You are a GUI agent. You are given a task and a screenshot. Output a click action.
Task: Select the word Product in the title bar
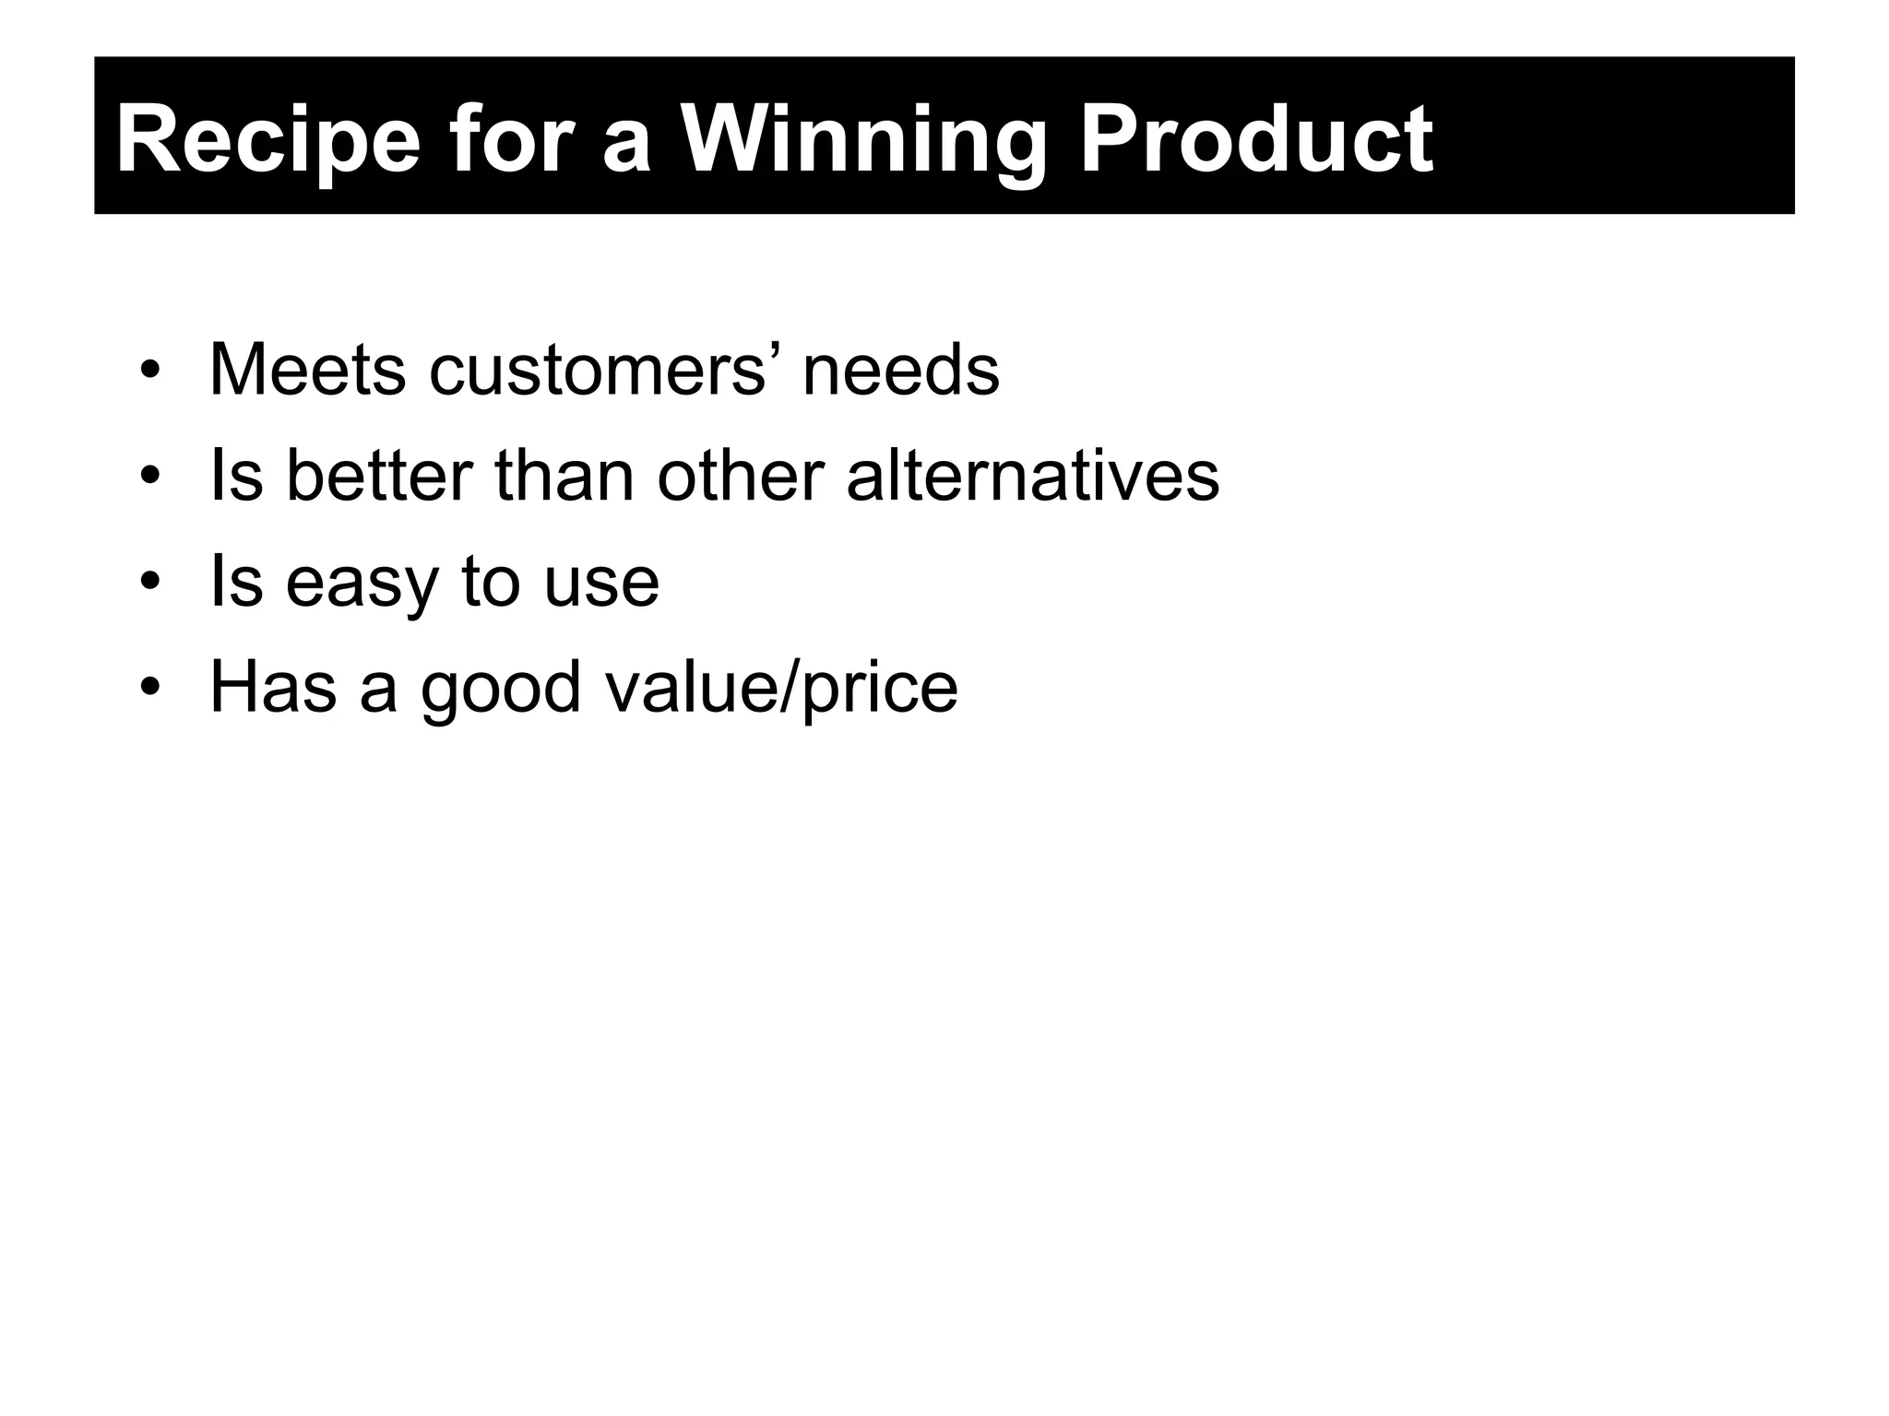tap(1255, 140)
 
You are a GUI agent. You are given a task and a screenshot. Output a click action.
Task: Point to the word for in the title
tap(506, 140)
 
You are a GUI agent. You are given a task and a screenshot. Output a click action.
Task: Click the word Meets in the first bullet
tap(307, 371)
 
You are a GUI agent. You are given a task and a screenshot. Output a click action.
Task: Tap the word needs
tap(900, 371)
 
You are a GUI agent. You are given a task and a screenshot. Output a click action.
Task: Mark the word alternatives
tap(1032, 477)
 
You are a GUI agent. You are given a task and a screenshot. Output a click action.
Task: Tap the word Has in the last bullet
tap(273, 688)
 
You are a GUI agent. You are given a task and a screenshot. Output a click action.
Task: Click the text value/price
tap(781, 690)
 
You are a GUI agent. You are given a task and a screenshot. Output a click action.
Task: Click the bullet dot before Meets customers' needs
tap(150, 372)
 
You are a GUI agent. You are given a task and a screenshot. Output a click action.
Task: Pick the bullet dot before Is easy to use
tap(150, 584)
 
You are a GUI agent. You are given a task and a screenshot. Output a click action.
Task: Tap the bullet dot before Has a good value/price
tap(150, 690)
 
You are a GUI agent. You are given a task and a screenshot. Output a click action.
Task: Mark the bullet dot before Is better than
tap(150, 478)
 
